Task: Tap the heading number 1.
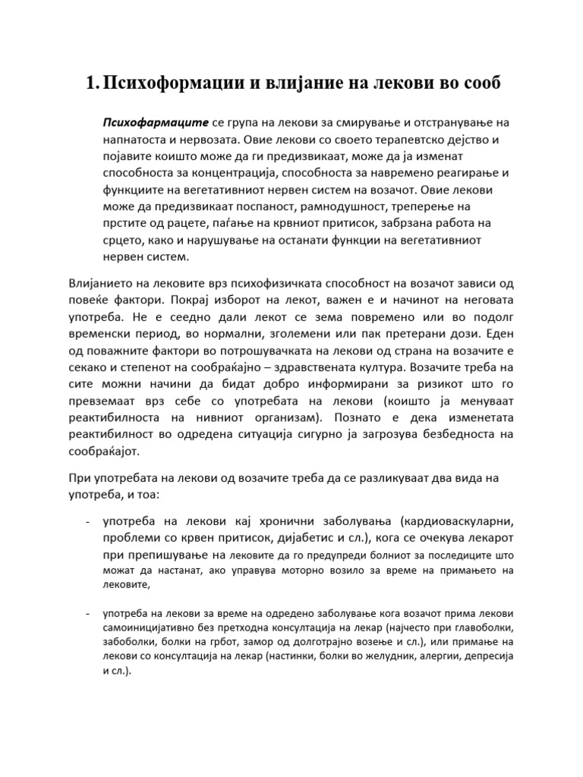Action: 92,83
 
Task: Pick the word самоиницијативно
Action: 147,629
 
